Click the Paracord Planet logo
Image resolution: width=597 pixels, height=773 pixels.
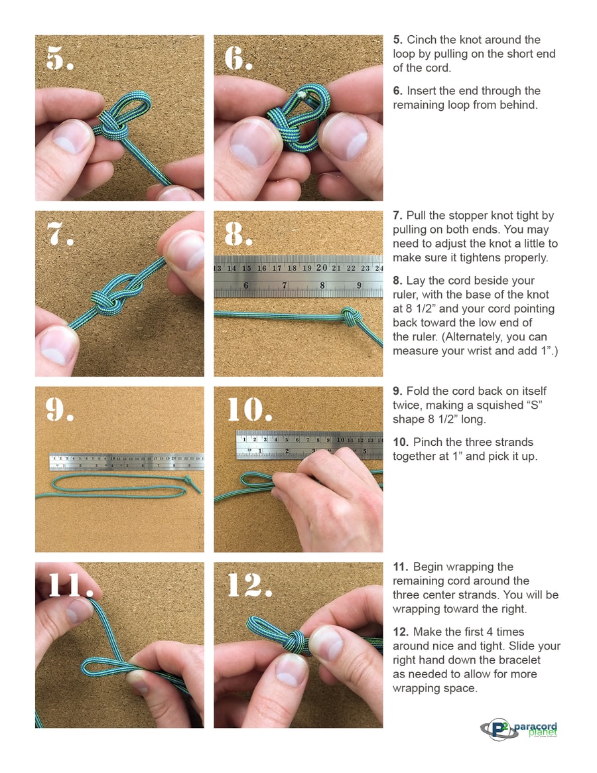tap(519, 729)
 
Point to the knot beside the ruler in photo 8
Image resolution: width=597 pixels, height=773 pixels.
tap(350, 316)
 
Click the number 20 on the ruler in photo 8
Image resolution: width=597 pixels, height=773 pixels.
tap(322, 267)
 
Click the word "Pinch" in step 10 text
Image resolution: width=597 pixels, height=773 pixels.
tap(427, 442)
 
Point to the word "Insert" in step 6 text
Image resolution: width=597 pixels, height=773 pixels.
tap(421, 91)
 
